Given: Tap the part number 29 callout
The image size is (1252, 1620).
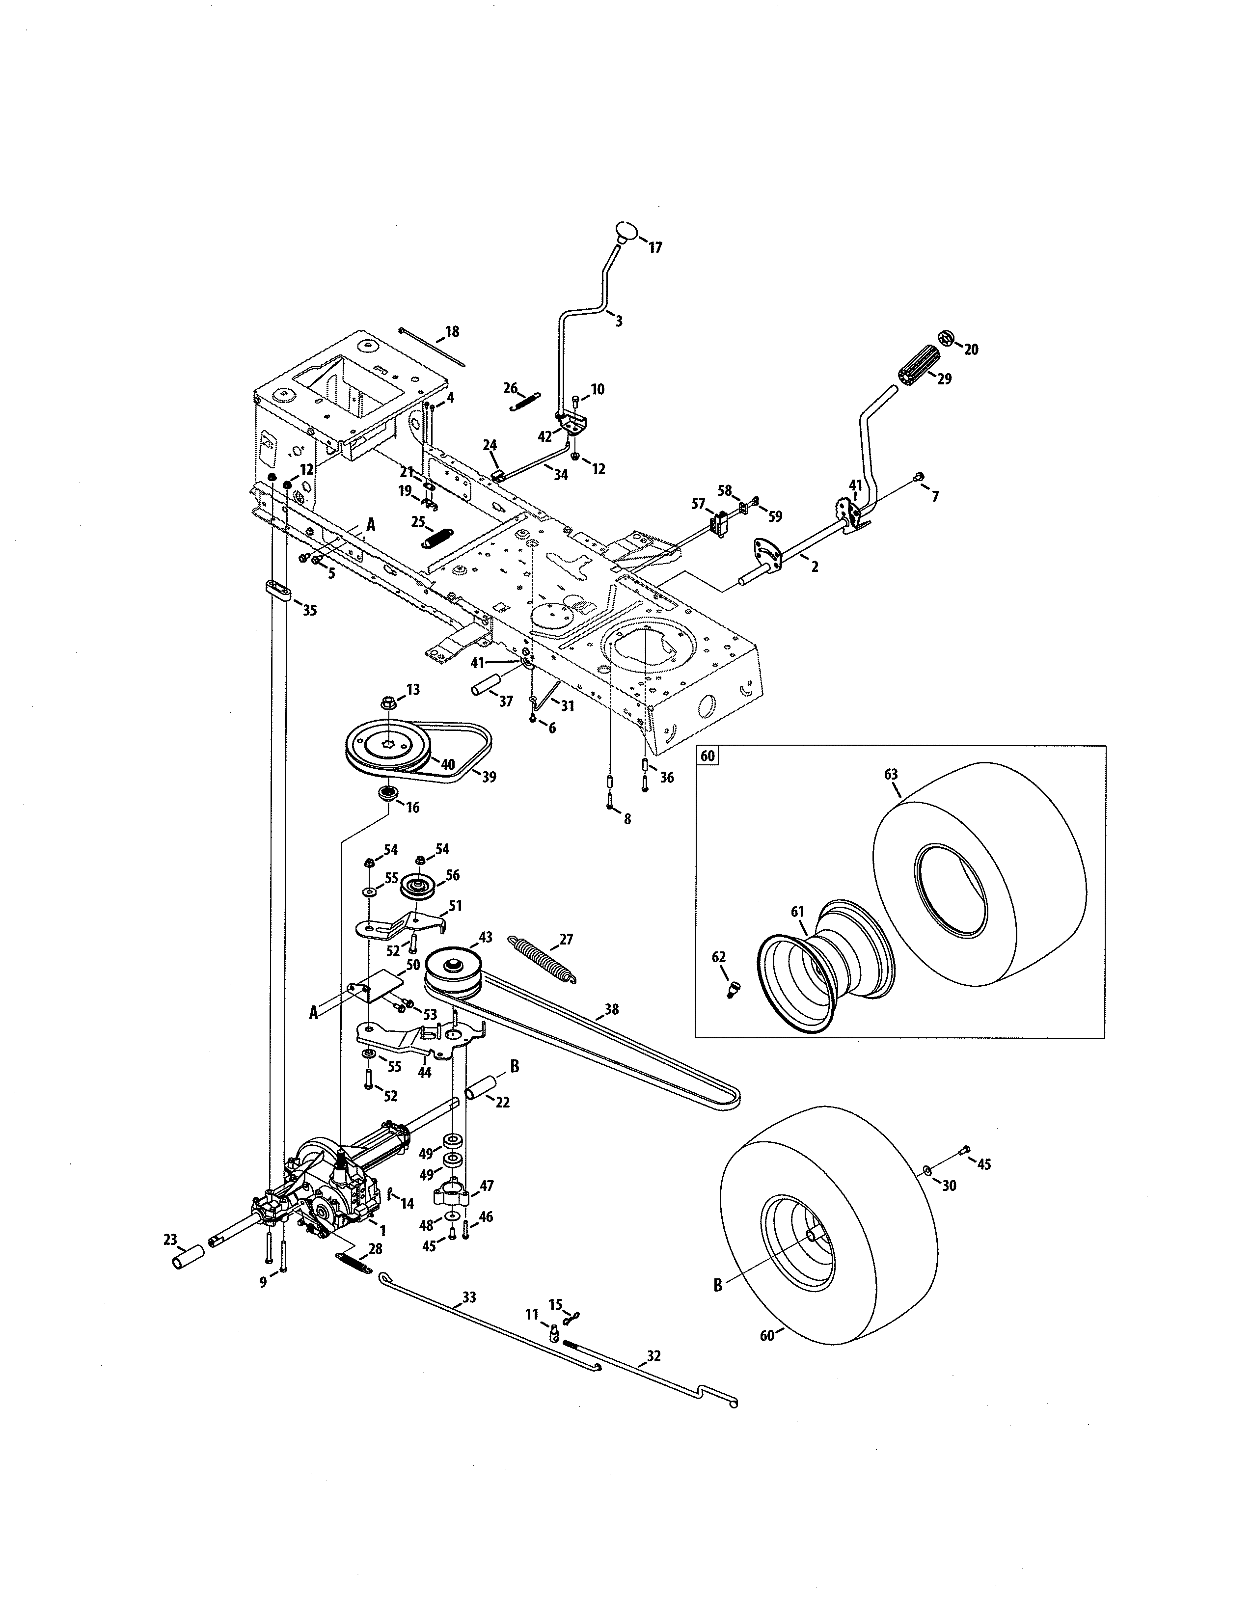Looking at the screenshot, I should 944,378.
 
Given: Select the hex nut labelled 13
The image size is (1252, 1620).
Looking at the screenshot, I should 389,701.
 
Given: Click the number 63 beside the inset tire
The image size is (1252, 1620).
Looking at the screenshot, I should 891,774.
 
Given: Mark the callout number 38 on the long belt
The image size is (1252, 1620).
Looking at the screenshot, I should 611,1009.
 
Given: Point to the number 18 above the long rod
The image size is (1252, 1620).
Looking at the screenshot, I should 452,331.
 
